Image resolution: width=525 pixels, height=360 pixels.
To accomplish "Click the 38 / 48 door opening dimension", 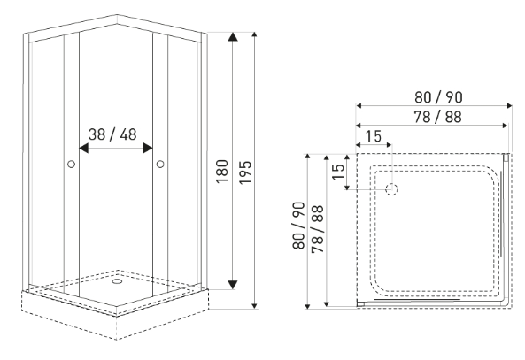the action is (112, 134).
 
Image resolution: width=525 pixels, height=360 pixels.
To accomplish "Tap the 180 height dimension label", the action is (222, 172).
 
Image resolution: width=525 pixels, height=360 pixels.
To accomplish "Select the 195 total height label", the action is (245, 172).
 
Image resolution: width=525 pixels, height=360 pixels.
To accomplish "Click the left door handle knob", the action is (71, 164).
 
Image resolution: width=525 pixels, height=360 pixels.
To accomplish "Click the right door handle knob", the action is (160, 164).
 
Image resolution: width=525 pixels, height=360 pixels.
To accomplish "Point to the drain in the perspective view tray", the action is (117, 281).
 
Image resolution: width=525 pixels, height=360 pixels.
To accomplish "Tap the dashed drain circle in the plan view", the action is (391, 189).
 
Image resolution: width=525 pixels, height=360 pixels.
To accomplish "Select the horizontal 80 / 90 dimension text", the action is (438, 97).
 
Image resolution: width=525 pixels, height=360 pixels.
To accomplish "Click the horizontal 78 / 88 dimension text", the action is (437, 117).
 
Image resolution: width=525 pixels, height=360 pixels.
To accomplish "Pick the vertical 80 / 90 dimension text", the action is (298, 226).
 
